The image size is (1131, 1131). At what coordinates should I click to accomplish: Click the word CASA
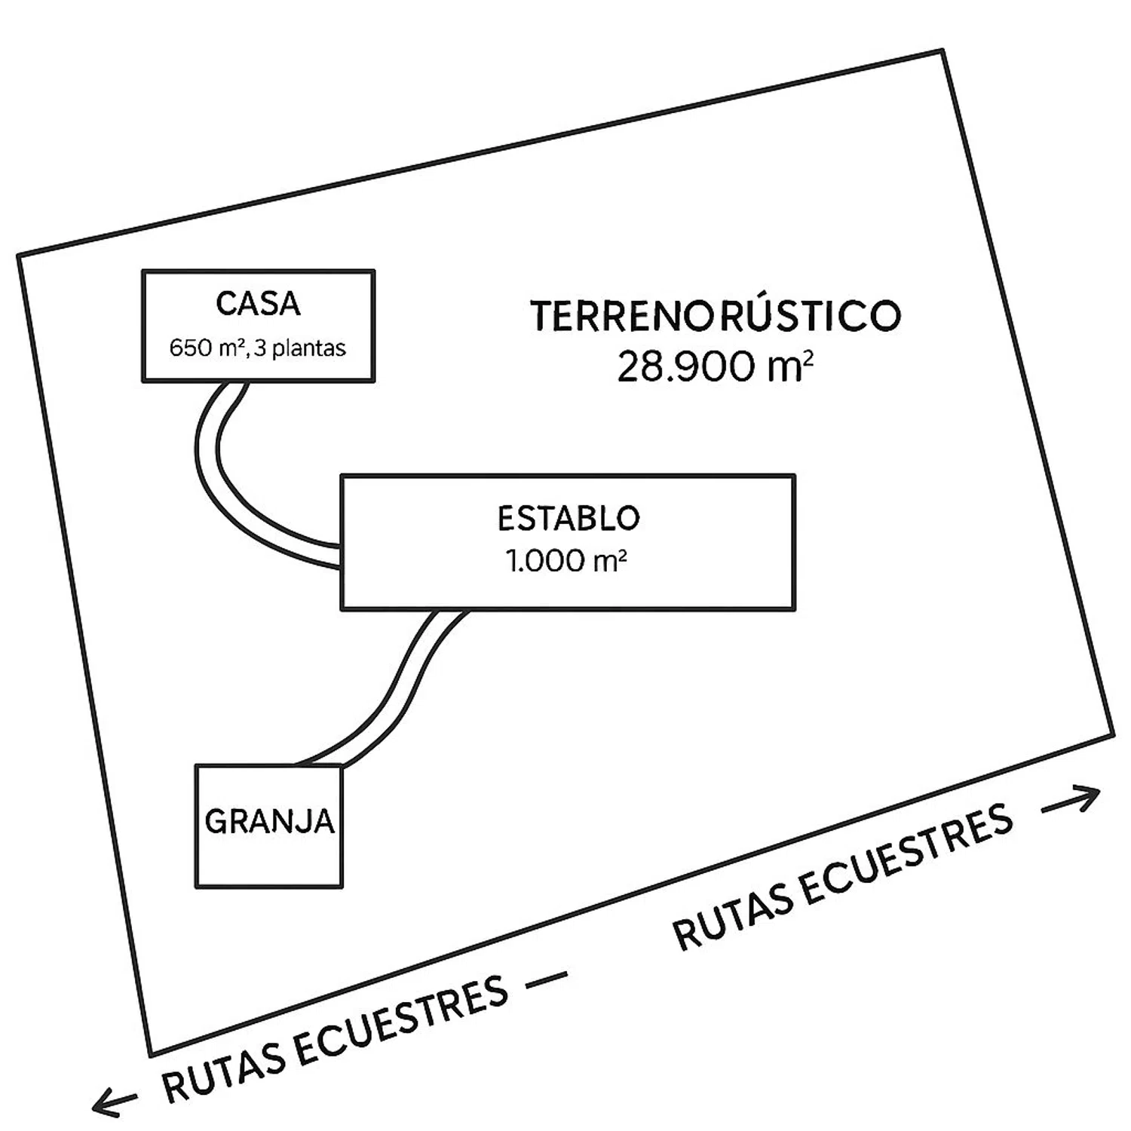(x=258, y=304)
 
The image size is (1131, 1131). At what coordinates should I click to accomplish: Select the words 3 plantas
(x=300, y=348)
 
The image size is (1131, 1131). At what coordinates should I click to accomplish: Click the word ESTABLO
(x=569, y=518)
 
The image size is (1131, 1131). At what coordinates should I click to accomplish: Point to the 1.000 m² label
(x=566, y=561)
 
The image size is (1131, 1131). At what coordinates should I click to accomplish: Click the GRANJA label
(x=269, y=821)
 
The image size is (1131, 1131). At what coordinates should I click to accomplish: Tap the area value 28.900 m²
(x=715, y=368)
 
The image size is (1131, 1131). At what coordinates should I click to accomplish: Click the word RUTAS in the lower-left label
(x=222, y=1071)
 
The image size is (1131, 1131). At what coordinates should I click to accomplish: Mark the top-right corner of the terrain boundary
(x=942, y=51)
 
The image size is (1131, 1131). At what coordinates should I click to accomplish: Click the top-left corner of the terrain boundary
(x=19, y=256)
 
